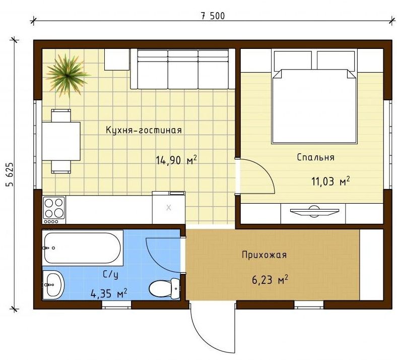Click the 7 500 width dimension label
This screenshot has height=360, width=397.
coord(213,16)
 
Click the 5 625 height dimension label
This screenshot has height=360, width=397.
coord(10,174)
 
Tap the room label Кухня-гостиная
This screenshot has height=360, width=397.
coord(144,130)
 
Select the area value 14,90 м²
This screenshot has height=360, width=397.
coord(176,160)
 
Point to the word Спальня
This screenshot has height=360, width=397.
coord(315,158)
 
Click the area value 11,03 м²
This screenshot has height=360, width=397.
coord(330,182)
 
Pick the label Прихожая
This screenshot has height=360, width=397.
coord(264,255)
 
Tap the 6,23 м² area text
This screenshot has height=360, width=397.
coord(270,280)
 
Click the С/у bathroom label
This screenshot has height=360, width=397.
coord(110,275)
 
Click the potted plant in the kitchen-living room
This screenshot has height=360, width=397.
coord(67,75)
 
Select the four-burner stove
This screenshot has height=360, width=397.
coord(54,210)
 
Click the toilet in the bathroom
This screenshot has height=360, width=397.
coord(165,288)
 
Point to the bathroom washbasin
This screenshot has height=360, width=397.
coord(53,285)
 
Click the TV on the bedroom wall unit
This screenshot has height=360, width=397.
coord(314,211)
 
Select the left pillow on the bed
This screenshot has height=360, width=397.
coord(293,60)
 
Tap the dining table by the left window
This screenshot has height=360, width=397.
coord(61,141)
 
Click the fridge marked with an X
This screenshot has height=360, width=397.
coord(169,208)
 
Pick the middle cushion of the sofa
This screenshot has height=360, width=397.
coord(183,69)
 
